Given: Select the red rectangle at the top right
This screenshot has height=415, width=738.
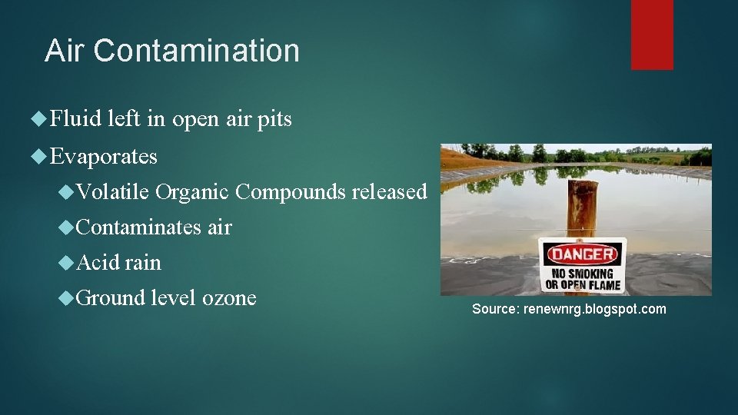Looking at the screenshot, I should [x=652, y=35].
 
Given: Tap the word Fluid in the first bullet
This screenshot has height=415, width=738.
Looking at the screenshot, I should [x=76, y=120].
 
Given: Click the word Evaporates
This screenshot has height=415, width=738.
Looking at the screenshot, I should [x=104, y=157].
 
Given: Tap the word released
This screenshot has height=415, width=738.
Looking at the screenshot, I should [x=389, y=191].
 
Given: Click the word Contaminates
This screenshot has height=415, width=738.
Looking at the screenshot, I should [x=139, y=227].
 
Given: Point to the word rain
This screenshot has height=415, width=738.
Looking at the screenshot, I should [x=144, y=262].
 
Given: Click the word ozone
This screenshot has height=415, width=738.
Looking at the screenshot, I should [x=229, y=297].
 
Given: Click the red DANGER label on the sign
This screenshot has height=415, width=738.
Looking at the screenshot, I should [x=582, y=254].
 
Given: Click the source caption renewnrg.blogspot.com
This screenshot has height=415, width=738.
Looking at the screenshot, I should [x=569, y=309].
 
